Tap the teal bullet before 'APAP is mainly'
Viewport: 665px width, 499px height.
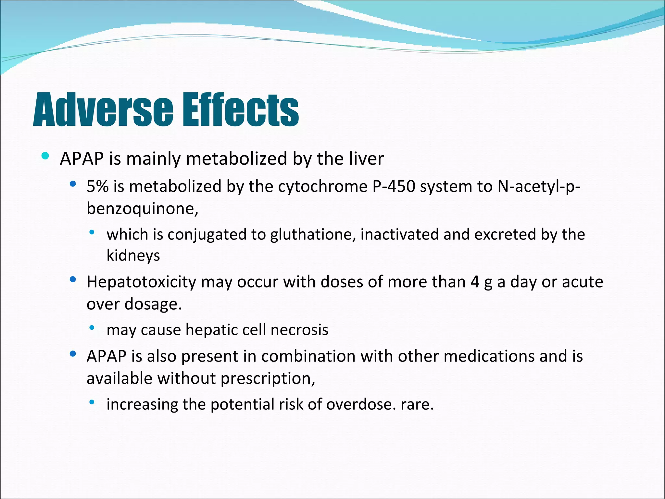pyautogui.click(x=45, y=156)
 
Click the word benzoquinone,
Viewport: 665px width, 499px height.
pyautogui.click(x=142, y=209)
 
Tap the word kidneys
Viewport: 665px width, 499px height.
pyautogui.click(x=133, y=256)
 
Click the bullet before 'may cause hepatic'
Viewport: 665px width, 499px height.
pyautogui.click(x=92, y=327)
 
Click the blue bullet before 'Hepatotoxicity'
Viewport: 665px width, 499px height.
pyautogui.click(x=73, y=279)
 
